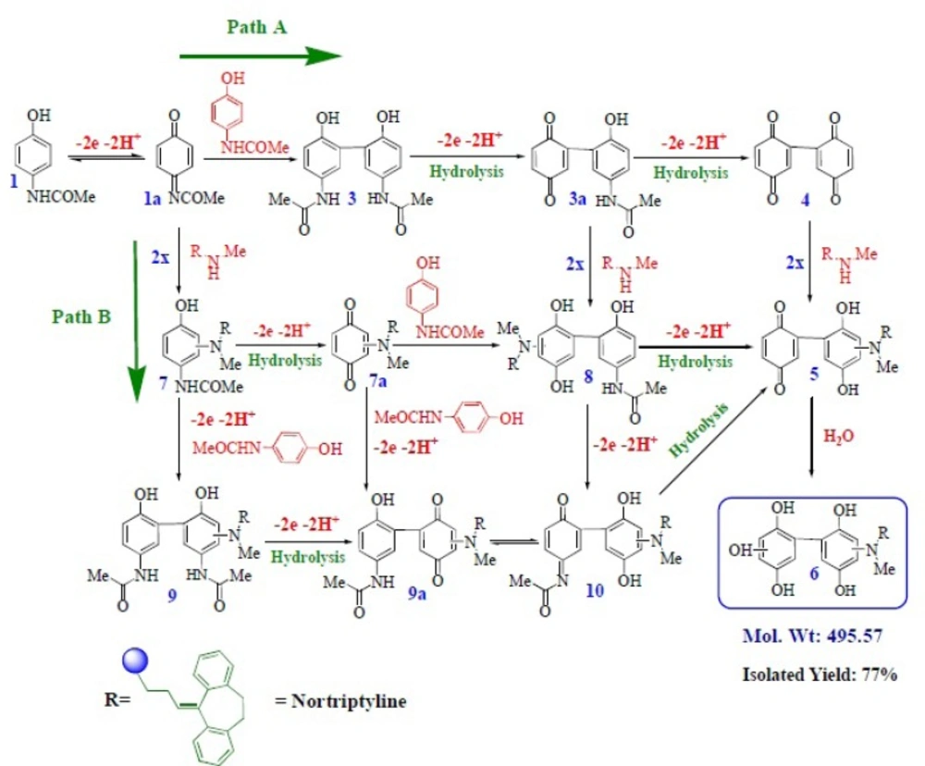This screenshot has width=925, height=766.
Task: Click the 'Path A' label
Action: [x=256, y=27]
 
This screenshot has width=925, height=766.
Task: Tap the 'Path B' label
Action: [x=81, y=317]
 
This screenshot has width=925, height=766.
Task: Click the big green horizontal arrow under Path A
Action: [x=260, y=56]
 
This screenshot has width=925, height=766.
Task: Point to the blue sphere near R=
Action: [x=135, y=661]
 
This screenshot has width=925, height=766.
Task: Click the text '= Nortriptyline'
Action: [x=341, y=701]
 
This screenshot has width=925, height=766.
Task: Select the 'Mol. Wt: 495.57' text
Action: [x=813, y=636]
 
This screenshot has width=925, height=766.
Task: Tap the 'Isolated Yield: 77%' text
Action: [x=820, y=673]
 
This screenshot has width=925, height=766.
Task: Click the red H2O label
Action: [x=838, y=436]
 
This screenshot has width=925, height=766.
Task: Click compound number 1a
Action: [x=153, y=198]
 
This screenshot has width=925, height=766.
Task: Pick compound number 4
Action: [x=806, y=200]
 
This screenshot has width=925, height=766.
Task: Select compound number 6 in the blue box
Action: [x=814, y=573]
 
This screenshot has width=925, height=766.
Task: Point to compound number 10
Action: [x=595, y=589]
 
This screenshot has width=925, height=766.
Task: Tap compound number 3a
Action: [x=577, y=200]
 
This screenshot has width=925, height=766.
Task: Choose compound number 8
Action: [x=588, y=377]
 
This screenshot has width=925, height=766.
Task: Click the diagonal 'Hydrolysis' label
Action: [x=699, y=429]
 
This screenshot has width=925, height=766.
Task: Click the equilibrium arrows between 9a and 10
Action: [x=515, y=542]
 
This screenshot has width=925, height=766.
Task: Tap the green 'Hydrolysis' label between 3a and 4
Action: [x=691, y=173]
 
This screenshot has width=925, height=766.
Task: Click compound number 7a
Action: [x=378, y=381]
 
